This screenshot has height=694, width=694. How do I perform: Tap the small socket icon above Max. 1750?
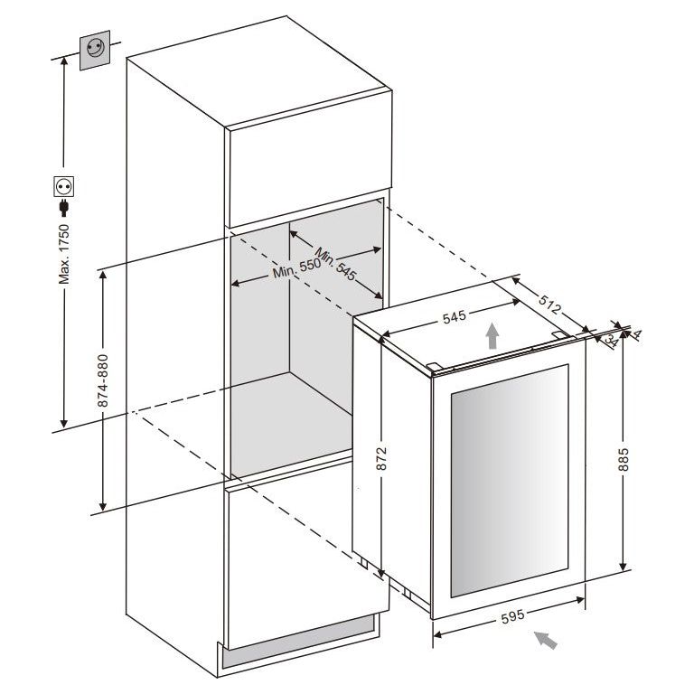pyautogui.click(x=64, y=187)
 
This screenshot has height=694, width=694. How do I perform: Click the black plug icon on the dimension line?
pyautogui.click(x=64, y=209)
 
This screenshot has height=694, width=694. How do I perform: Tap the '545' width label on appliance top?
pyautogui.click(x=455, y=317)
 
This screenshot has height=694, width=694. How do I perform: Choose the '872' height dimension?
pyautogui.click(x=382, y=458)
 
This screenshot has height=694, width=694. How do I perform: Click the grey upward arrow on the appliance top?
pyautogui.click(x=492, y=336)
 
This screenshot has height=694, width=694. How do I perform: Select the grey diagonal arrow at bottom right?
pyautogui.click(x=545, y=641)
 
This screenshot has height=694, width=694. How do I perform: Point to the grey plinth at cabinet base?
pyautogui.click(x=298, y=650)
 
